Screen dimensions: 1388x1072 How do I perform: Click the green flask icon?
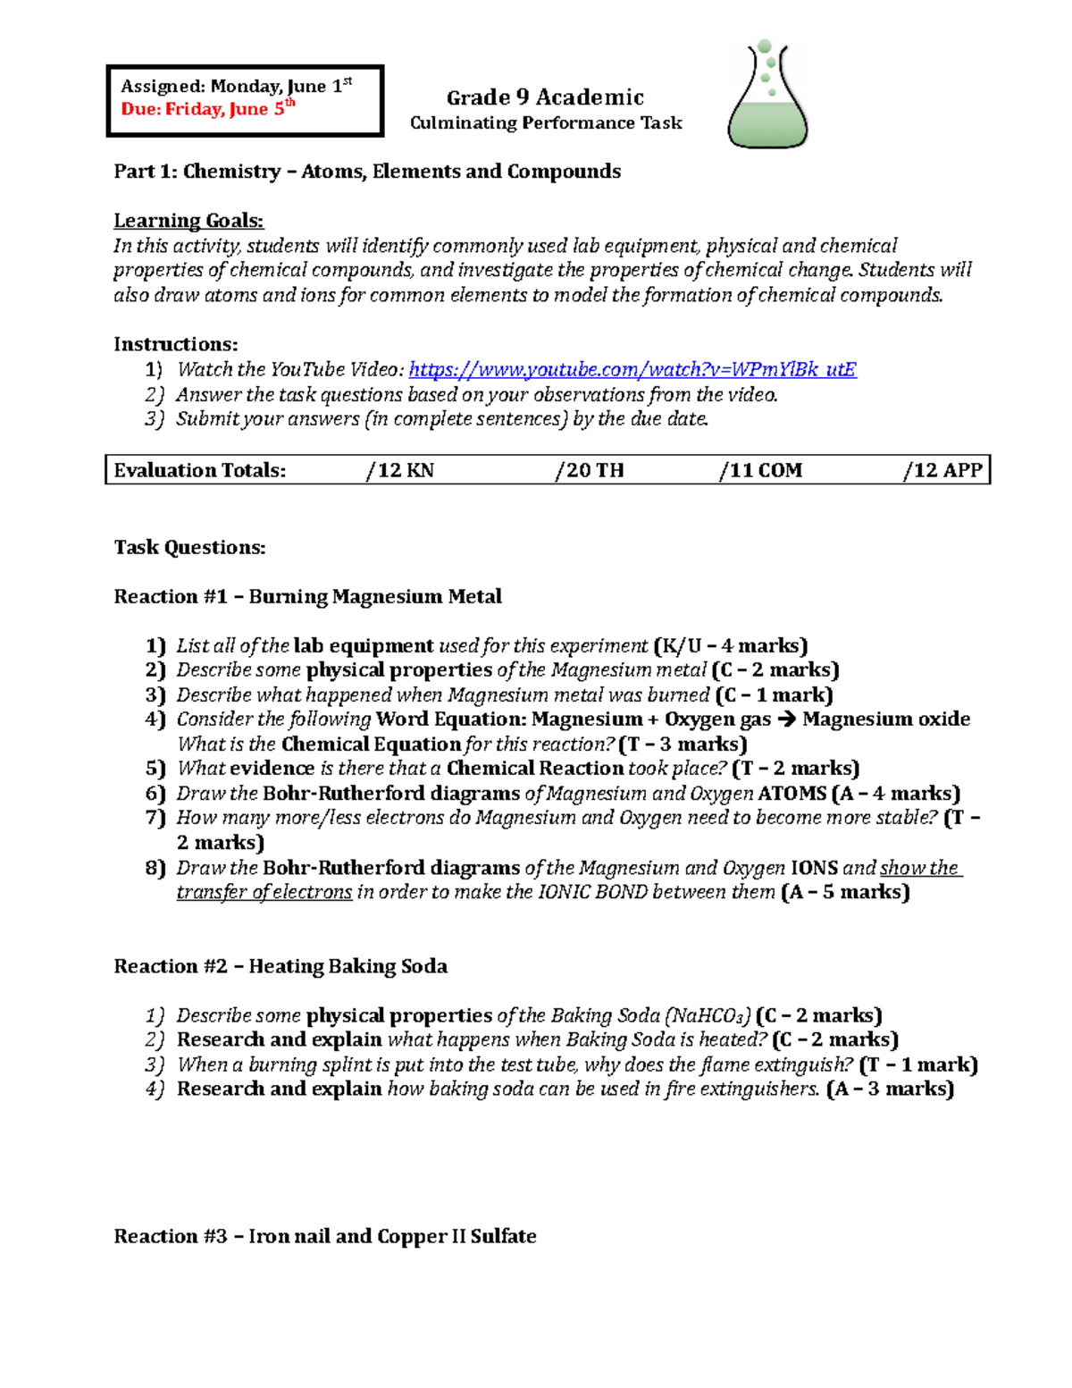click(x=767, y=97)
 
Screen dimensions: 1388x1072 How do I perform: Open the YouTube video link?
click(x=632, y=370)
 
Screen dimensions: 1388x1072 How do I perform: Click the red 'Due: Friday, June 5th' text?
click(x=208, y=109)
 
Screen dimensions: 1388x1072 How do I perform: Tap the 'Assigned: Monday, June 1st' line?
click(x=236, y=87)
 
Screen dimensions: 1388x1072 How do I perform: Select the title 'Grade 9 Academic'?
click(x=545, y=97)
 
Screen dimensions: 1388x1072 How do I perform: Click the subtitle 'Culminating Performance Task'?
click(x=546, y=123)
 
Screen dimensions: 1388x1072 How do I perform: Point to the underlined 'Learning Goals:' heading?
click(x=188, y=221)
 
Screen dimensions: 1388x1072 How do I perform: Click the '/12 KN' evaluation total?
click(x=400, y=471)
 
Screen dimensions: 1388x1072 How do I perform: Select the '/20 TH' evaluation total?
click(x=589, y=471)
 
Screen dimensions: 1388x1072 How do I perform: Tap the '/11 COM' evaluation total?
click(x=760, y=471)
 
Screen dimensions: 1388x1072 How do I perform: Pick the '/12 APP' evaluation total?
click(x=942, y=471)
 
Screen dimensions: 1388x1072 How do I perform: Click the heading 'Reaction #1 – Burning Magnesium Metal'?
click(x=307, y=597)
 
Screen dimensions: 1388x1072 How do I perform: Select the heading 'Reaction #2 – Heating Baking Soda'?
click(x=281, y=967)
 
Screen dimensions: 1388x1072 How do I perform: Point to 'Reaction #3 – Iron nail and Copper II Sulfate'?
click(x=325, y=1237)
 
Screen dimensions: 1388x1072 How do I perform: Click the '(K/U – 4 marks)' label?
click(x=731, y=646)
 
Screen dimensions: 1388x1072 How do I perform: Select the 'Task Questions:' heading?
click(x=189, y=548)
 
